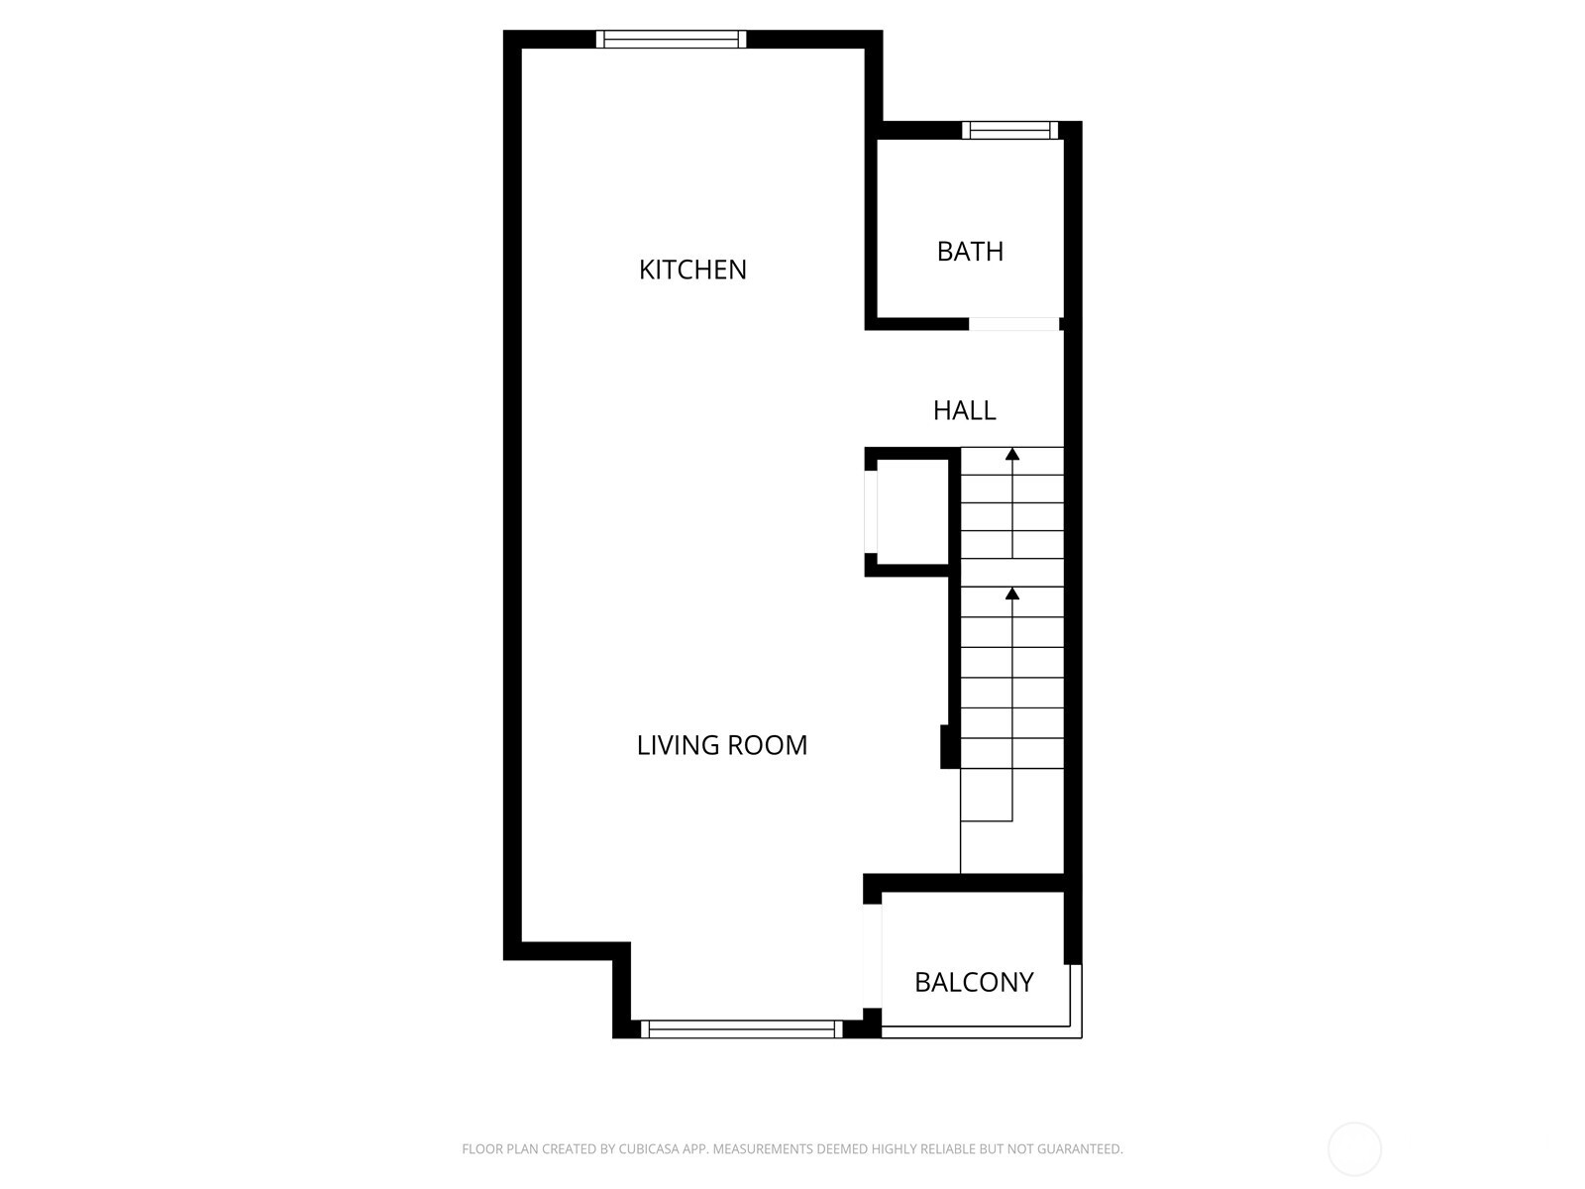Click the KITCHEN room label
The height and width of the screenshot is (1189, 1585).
tap(692, 270)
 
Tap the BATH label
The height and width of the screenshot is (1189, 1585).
tap(970, 252)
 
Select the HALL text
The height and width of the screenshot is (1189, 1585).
tap(964, 410)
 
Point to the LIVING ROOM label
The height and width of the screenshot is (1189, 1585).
tap(721, 745)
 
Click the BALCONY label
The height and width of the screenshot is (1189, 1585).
tap(974, 982)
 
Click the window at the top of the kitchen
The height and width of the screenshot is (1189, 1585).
tap(671, 40)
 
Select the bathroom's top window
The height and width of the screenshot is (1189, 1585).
tap(1009, 130)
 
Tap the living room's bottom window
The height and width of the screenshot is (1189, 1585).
tap(741, 1029)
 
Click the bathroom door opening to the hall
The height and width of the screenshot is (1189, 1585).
tap(1013, 324)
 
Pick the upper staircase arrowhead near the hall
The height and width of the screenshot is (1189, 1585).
tap(1012, 455)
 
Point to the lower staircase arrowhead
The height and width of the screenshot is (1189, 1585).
tap(1012, 594)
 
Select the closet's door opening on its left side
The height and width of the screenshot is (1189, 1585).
tap(871, 511)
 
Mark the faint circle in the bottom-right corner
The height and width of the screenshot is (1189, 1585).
tap(1354, 1149)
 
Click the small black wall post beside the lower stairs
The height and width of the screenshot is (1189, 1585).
tap(949, 747)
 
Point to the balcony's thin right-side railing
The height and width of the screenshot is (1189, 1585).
tap(1076, 999)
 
